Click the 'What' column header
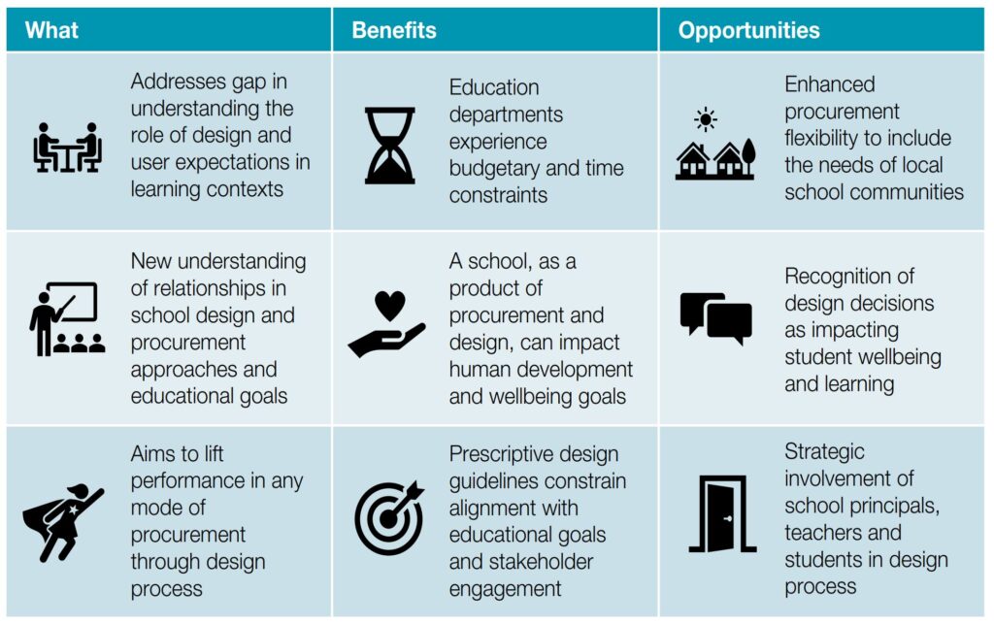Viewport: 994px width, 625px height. pyautogui.click(x=51, y=30)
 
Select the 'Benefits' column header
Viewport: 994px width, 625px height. pyautogui.click(x=394, y=30)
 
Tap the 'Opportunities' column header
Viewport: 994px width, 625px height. pyautogui.click(x=748, y=30)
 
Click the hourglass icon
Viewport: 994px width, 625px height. pyautogui.click(x=390, y=146)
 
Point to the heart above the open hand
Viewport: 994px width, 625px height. pyautogui.click(x=390, y=306)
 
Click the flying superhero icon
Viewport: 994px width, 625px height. pyautogui.click(x=63, y=522)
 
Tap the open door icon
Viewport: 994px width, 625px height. pyautogui.click(x=722, y=514)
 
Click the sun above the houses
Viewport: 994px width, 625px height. pyautogui.click(x=705, y=119)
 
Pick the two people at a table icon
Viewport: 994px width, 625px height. pyautogui.click(x=67, y=148)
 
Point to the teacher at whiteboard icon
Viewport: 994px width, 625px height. pyautogui.click(x=67, y=319)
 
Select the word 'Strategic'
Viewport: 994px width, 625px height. pyautogui.click(x=824, y=452)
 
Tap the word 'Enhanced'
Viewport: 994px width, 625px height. pyautogui.click(x=830, y=83)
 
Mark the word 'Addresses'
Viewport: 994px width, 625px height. pyautogui.click(x=179, y=82)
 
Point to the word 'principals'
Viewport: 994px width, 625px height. pyautogui.click(x=904, y=506)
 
